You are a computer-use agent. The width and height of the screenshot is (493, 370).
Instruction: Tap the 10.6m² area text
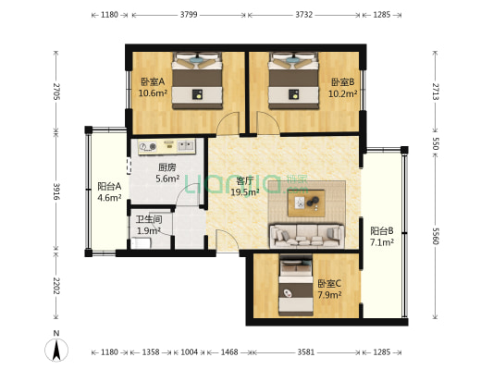pos(152,92)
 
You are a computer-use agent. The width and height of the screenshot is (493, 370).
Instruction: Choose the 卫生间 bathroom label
pos(149,219)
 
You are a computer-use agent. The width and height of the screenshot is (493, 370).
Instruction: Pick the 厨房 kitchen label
pos(166,167)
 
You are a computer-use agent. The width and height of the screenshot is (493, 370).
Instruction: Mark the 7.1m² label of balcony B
pos(382,242)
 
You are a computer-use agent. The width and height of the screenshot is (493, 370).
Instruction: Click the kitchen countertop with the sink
pos(166,146)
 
